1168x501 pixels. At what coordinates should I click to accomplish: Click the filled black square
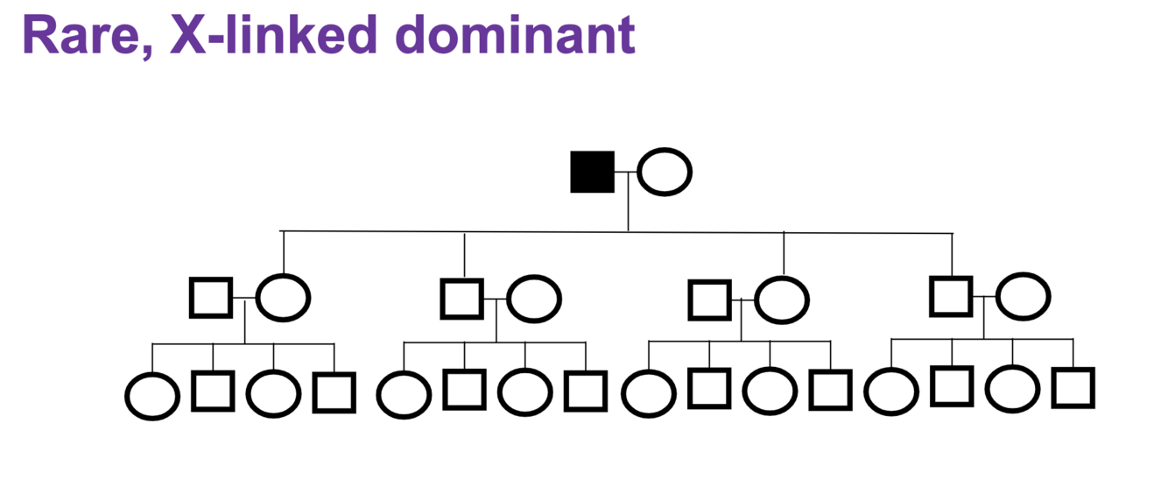(592, 172)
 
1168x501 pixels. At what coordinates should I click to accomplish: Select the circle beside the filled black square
(665, 172)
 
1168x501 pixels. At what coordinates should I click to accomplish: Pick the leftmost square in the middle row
(211, 298)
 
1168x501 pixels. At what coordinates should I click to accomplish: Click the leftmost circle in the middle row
(283, 298)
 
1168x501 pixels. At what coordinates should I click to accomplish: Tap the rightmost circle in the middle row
(1023, 298)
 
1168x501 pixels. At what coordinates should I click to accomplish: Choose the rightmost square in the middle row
(951, 296)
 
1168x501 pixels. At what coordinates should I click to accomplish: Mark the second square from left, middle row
(461, 298)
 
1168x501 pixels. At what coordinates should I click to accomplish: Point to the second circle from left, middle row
(533, 299)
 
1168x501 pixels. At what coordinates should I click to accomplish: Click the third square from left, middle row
(709, 300)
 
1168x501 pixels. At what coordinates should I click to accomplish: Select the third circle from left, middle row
(782, 300)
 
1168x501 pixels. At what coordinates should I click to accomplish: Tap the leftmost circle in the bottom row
(152, 395)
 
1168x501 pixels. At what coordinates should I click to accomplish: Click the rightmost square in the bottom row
(1073, 388)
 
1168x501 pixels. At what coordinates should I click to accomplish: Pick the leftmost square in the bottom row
(213, 391)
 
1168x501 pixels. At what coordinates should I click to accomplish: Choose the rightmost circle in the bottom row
(1012, 389)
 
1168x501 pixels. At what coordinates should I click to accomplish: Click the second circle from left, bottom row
(273, 392)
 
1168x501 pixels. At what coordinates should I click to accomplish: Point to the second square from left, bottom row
(334, 392)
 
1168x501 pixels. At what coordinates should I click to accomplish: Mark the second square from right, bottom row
(952, 386)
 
